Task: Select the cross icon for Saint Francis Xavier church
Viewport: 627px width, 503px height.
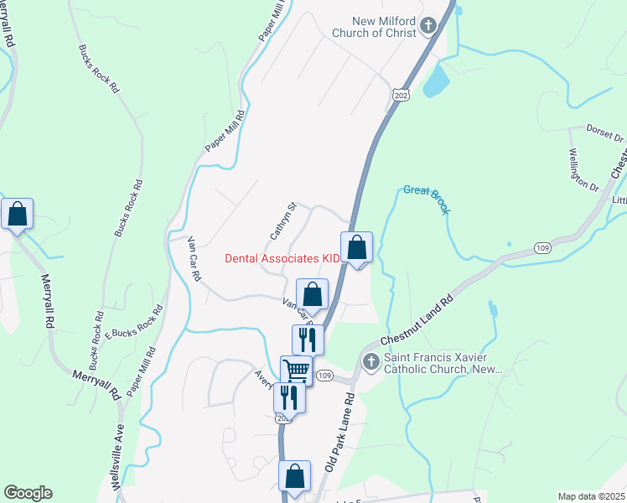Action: [371, 362]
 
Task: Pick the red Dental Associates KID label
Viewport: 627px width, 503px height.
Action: [282, 259]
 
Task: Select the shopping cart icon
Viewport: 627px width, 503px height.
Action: [296, 370]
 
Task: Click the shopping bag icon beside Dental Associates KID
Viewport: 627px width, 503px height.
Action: [356, 247]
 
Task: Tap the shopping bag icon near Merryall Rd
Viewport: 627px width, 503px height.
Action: [17, 214]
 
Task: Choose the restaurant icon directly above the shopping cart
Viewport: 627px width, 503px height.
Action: [307, 339]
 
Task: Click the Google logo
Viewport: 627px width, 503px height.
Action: [28, 493]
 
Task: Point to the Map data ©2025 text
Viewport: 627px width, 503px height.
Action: [591, 496]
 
